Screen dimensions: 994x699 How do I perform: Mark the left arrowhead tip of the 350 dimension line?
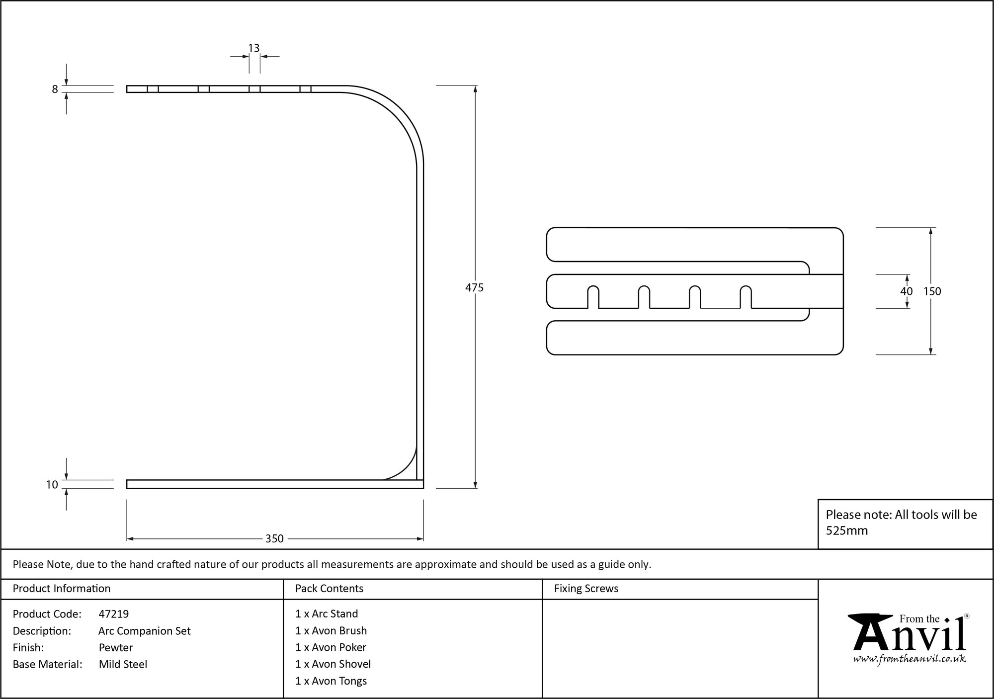(128, 538)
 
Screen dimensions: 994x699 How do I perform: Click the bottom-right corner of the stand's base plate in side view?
(423, 488)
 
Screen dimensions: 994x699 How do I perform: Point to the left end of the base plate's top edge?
(127, 480)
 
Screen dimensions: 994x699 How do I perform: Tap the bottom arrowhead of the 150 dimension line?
(930, 353)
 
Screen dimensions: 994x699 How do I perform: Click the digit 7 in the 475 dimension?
(474, 287)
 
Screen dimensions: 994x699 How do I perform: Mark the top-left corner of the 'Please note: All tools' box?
(818, 500)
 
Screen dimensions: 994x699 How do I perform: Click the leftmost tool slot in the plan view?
(593, 297)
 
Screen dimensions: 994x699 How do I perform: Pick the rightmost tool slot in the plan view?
(745, 297)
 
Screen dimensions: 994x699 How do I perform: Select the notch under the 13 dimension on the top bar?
(254, 89)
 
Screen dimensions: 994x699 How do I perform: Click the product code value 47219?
(114, 614)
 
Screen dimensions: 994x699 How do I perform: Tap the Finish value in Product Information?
(116, 647)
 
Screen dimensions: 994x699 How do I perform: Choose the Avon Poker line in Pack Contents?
(331, 647)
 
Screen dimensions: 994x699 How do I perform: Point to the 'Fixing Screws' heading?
(586, 589)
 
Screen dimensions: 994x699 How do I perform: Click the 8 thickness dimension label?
(55, 89)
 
